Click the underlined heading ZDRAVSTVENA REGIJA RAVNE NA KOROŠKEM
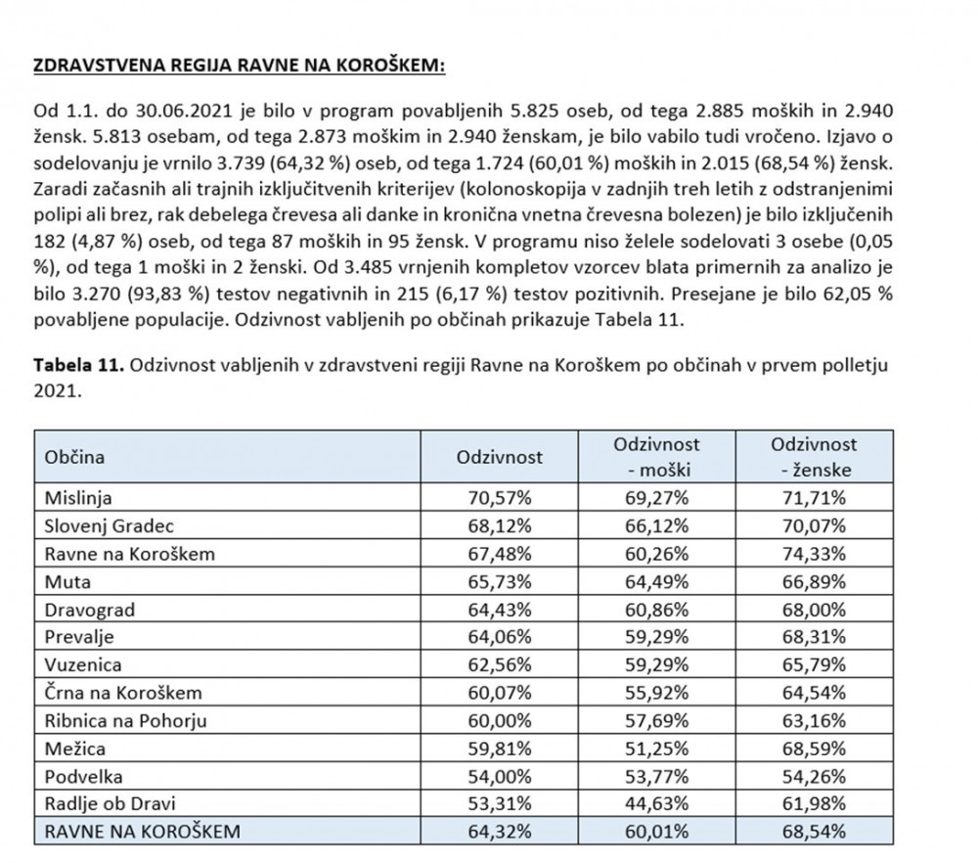pos(240,67)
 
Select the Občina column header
pos(74,457)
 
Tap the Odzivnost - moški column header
pos(656,457)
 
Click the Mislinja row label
pos(74,499)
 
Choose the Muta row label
pos(67,581)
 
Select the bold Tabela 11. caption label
pos(76,364)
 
